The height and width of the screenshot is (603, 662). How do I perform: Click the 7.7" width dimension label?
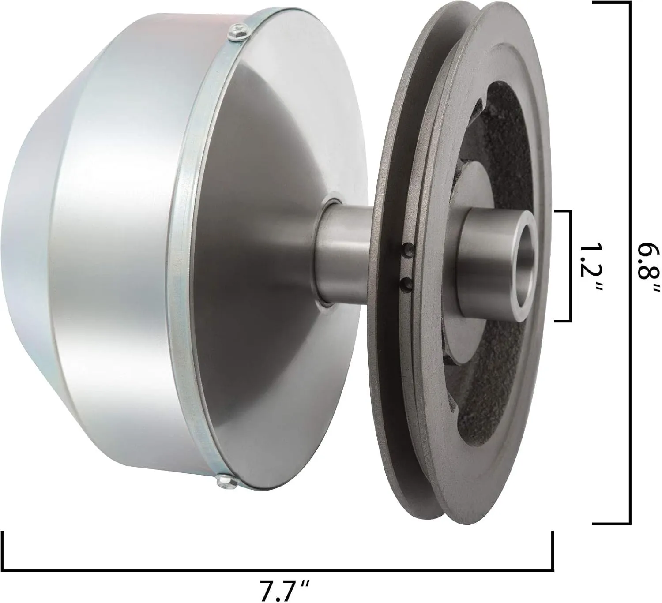[284, 584]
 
